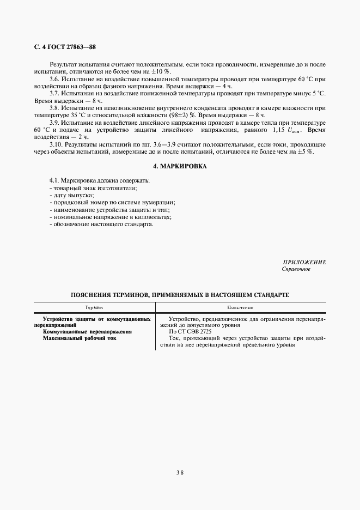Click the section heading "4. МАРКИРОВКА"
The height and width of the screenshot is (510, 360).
click(x=180, y=166)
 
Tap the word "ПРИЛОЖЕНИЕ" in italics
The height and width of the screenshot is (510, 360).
click(x=304, y=262)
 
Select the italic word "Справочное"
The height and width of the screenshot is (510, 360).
click(x=296, y=269)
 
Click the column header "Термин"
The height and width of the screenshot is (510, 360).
click(x=94, y=307)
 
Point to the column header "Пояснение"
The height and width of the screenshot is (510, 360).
click(x=240, y=307)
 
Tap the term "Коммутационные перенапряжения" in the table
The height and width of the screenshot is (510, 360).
click(x=87, y=331)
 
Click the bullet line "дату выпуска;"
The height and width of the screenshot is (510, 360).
click(x=71, y=195)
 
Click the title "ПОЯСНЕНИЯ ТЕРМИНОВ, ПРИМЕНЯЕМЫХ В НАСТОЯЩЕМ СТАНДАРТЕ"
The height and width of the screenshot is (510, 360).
click(x=180, y=295)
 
